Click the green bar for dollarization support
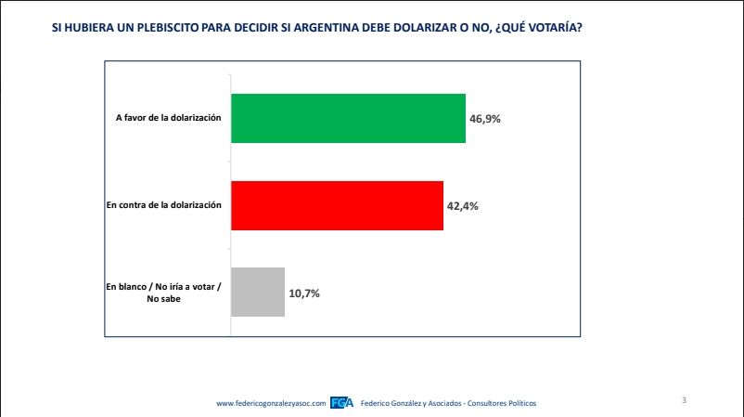tap(347, 118)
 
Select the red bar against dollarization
tap(336, 205)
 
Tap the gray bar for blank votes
tap(257, 293)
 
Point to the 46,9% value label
tap(485, 119)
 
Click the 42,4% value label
tap(463, 206)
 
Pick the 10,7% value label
tap(305, 293)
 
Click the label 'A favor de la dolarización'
tap(169, 118)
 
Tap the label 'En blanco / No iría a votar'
tap(163, 288)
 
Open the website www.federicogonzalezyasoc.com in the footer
tap(271, 403)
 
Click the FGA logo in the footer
tap(341, 403)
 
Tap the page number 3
tap(684, 400)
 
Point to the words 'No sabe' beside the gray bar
tap(164, 299)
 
